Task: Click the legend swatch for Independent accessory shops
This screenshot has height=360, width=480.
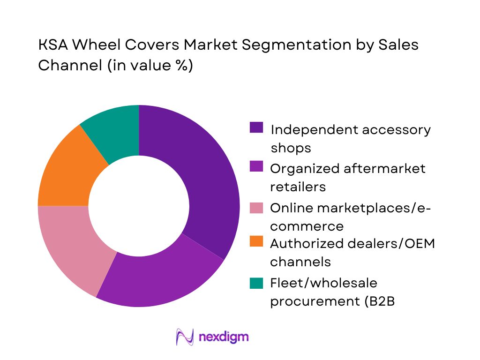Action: pyautogui.click(x=256, y=127)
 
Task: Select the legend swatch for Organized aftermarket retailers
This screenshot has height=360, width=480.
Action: pyautogui.click(x=256, y=166)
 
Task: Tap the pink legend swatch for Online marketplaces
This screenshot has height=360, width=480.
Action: pyautogui.click(x=256, y=206)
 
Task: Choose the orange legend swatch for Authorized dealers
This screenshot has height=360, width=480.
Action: pyautogui.click(x=256, y=243)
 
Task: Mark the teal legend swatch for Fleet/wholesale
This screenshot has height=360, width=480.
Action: pyautogui.click(x=256, y=282)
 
